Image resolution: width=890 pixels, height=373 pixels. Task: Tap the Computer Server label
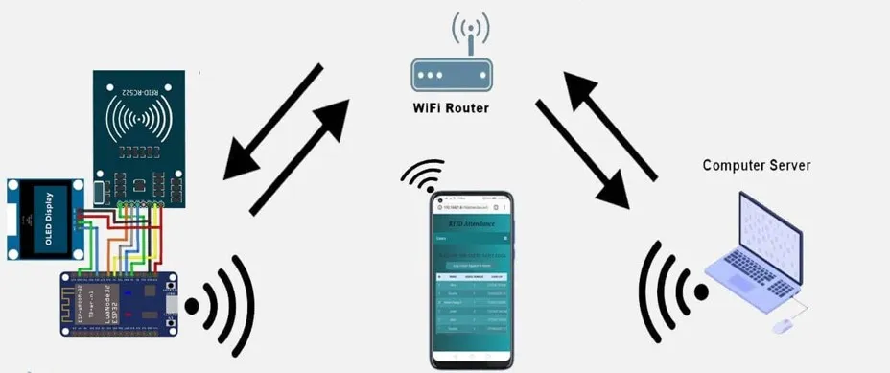[x=756, y=165]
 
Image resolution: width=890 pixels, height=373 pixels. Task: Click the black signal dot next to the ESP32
[x=192, y=307]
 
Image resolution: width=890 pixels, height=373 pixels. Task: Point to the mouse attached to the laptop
[x=783, y=326]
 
